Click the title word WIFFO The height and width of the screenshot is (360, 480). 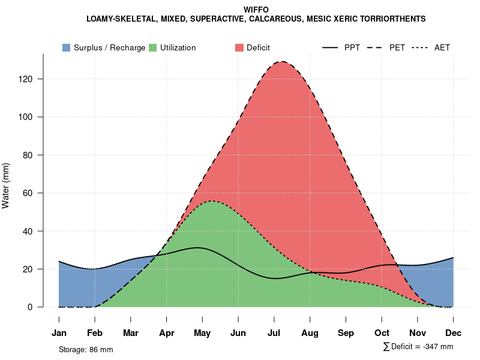[256, 10]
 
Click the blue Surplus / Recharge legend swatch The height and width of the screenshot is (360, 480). [66, 47]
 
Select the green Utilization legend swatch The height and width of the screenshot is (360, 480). [152, 47]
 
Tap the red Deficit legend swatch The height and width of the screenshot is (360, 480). [239, 47]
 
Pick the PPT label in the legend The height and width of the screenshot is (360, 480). [352, 47]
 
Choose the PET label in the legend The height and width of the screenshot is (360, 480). [397, 47]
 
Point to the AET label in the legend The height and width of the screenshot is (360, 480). [442, 47]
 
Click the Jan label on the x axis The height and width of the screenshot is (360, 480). [59, 333]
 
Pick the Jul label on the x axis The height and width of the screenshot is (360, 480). [274, 333]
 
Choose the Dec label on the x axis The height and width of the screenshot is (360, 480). [454, 333]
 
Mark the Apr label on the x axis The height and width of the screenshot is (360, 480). [167, 333]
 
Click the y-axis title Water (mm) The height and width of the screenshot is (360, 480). [6, 186]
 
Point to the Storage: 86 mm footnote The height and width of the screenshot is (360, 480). [86, 349]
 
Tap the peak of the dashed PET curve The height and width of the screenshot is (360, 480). [281, 61]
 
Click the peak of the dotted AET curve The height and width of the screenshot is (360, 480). [211, 201]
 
